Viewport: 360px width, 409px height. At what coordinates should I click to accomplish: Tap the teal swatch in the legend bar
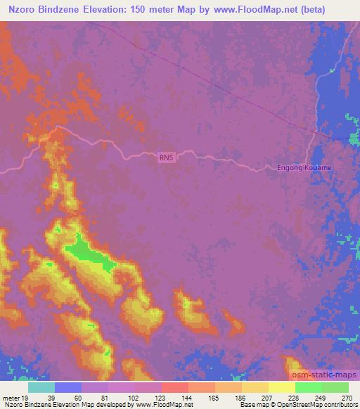tap(41, 387)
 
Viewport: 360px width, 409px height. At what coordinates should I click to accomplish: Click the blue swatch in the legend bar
tap(68, 387)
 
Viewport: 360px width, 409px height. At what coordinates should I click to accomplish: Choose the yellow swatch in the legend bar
tap(281, 387)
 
